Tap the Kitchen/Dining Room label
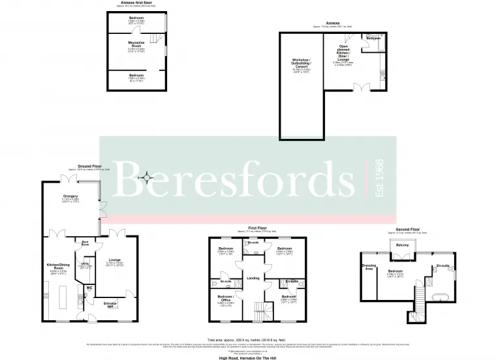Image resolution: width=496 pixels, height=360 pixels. (59, 266)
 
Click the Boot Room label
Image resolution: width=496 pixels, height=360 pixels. (85, 243)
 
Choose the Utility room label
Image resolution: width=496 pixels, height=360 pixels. (85, 264)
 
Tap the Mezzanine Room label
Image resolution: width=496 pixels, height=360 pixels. (136, 45)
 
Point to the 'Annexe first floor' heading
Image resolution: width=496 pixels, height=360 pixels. (136, 4)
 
